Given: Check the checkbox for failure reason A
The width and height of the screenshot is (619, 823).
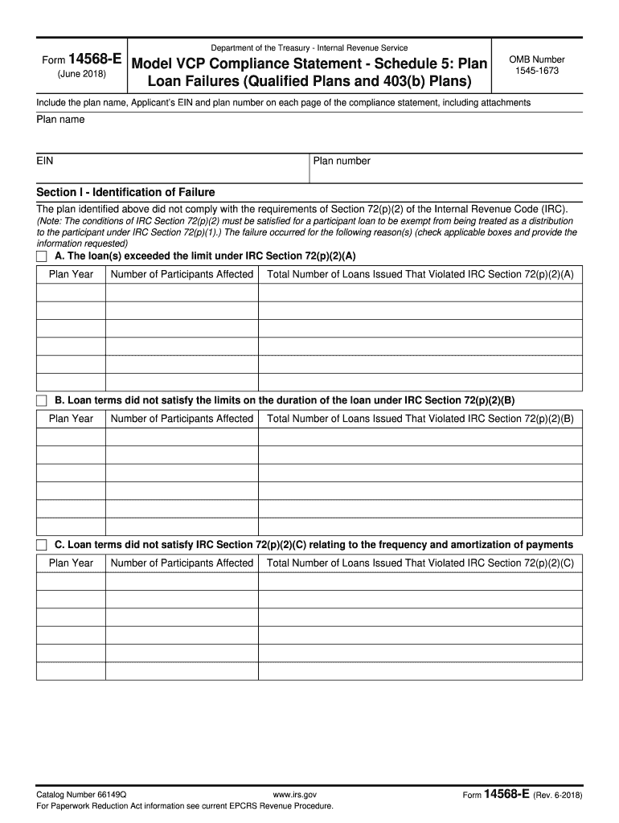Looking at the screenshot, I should coord(42,256).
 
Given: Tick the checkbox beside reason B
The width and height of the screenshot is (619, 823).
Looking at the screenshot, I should coord(42,400).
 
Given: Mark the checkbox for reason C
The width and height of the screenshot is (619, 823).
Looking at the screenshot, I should coord(42,545).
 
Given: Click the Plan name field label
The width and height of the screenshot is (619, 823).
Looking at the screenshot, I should coord(60,120).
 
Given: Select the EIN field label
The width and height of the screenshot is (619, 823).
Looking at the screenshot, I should coord(45,161).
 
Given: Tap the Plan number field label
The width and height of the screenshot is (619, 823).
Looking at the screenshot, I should coord(342,161).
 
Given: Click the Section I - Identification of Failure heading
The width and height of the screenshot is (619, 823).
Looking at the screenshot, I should coord(125,192).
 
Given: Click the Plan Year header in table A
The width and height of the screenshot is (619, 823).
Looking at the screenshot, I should coord(71,275).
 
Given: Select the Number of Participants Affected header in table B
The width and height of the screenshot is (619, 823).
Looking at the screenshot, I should coord(182,419).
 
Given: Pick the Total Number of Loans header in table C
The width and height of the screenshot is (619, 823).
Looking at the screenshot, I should coord(420,563).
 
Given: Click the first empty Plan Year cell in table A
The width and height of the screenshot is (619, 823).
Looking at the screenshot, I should coord(71,293).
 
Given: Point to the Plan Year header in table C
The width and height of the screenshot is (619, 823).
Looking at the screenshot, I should coord(71,563).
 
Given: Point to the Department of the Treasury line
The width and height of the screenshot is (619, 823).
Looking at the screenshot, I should coord(309,48).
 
